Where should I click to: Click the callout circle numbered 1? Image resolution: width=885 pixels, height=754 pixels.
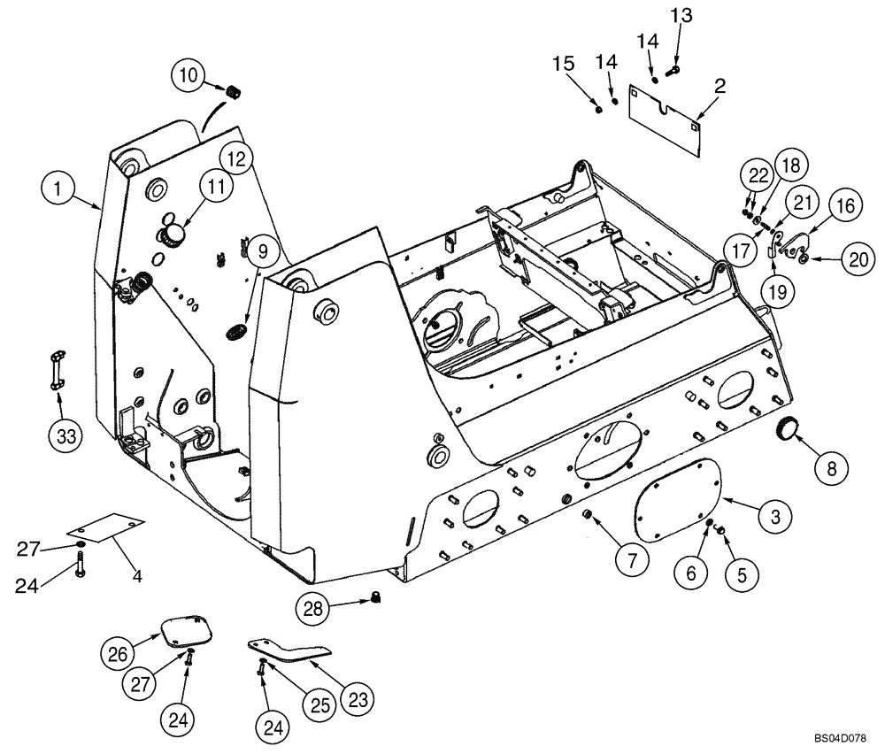pyautogui.click(x=58, y=188)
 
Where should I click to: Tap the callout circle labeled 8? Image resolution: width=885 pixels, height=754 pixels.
pyautogui.click(x=831, y=467)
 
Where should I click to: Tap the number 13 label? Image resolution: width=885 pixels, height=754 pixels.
pyautogui.click(x=681, y=15)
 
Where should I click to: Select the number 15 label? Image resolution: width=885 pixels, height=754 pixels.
pyautogui.click(x=564, y=64)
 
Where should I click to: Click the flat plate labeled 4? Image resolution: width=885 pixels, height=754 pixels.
pyautogui.click(x=104, y=528)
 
